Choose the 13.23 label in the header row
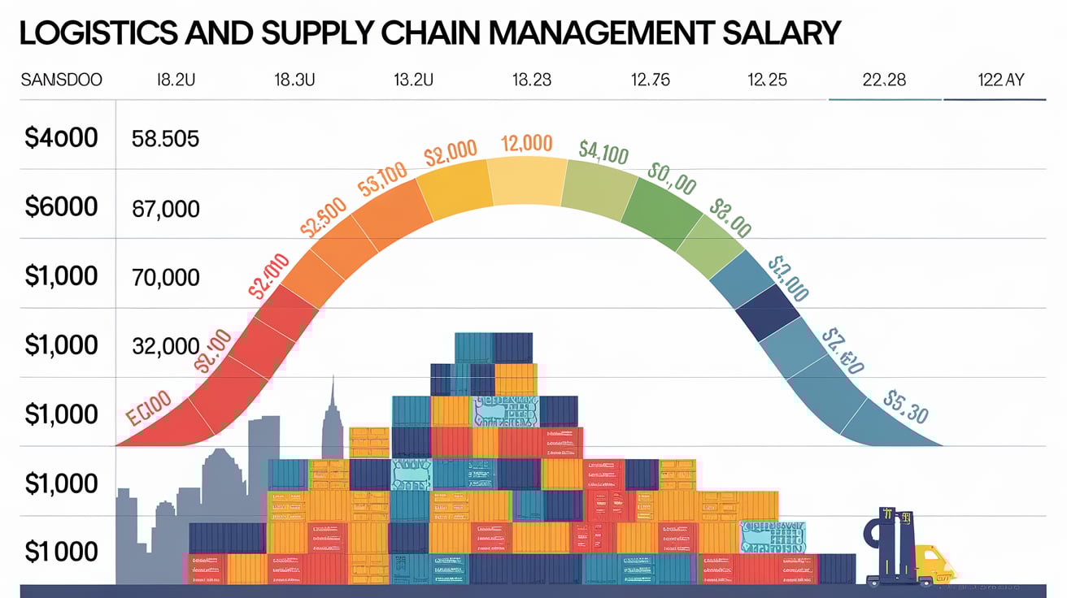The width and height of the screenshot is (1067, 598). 532,80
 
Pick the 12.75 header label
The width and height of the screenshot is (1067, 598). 651,80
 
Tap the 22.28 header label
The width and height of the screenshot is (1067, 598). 883,80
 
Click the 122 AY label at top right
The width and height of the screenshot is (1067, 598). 1001,80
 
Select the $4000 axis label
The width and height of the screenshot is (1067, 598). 62,138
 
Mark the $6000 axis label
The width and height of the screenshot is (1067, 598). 62,208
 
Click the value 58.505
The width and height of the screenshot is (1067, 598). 165,139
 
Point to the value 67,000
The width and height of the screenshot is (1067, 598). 165,209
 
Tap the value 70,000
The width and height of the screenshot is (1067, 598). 165,278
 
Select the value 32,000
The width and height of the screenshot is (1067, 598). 165,347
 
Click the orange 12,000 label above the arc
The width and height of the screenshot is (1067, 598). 526,144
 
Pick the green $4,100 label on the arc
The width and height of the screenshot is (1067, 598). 603,152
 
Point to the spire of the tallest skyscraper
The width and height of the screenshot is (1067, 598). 332,398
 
